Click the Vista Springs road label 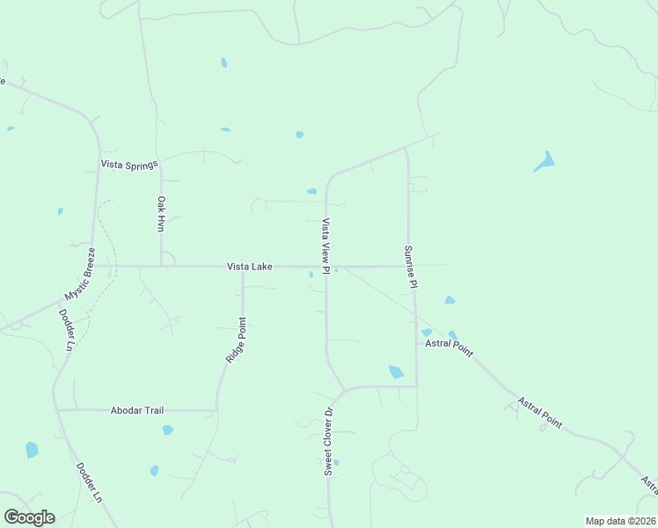click(x=128, y=164)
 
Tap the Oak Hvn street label click(x=161, y=214)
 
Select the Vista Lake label click(x=250, y=266)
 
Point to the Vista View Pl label click(x=325, y=246)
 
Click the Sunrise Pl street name click(x=409, y=267)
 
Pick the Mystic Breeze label click(x=77, y=274)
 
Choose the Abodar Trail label click(x=137, y=410)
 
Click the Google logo click(x=29, y=517)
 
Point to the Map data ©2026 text click(x=620, y=521)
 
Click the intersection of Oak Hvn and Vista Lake click(x=161, y=266)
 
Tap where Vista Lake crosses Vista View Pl click(x=326, y=266)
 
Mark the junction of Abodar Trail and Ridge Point click(x=216, y=410)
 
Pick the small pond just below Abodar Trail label click(x=167, y=430)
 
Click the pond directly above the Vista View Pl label click(x=311, y=191)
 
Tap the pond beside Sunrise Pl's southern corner click(x=396, y=372)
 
